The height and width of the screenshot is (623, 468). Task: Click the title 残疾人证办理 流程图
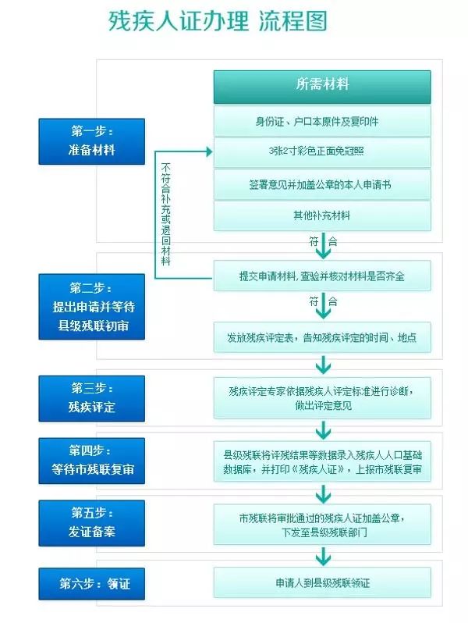click(x=218, y=22)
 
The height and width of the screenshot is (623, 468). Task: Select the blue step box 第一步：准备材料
click(x=91, y=141)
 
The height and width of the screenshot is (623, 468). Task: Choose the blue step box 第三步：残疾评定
click(x=91, y=397)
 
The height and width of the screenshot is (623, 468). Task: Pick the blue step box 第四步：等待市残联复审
click(x=91, y=460)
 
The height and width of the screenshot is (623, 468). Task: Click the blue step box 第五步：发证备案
click(x=91, y=522)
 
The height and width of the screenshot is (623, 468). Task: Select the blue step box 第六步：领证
click(x=91, y=582)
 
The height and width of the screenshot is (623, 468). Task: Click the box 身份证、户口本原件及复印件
click(x=322, y=122)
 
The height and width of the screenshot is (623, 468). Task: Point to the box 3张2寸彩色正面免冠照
click(x=322, y=153)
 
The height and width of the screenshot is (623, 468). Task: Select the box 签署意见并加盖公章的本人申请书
click(x=322, y=184)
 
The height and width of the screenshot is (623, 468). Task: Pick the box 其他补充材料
click(x=322, y=215)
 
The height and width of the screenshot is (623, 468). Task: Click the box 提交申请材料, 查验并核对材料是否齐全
click(x=322, y=276)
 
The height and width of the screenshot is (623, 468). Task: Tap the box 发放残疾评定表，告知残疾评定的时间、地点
click(x=322, y=338)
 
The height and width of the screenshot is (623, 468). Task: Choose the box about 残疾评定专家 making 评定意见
click(x=322, y=397)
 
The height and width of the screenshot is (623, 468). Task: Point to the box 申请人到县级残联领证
click(x=322, y=582)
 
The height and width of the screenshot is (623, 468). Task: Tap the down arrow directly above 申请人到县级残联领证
click(x=322, y=556)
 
